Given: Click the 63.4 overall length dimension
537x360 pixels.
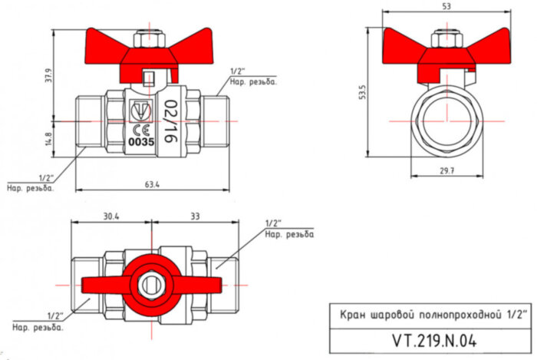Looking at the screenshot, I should click(x=152, y=184).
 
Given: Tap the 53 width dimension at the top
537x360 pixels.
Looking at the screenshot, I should click(x=446, y=7).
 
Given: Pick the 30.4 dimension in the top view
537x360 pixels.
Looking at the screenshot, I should click(x=111, y=216).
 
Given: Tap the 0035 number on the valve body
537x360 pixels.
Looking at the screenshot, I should click(x=140, y=142).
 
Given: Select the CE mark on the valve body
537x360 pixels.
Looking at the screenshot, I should click(x=140, y=129).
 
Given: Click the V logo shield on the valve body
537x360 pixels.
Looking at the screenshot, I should click(x=141, y=108).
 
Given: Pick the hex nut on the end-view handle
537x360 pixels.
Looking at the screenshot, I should click(x=446, y=38).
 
